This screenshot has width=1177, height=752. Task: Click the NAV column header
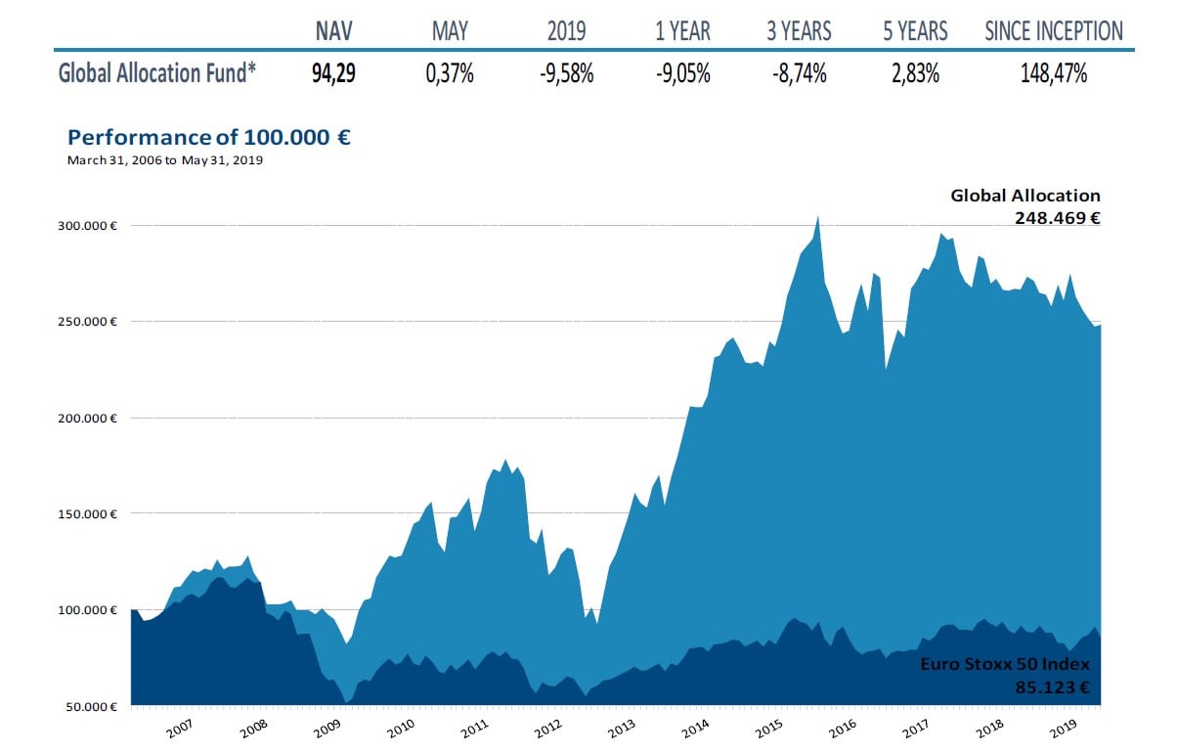pos(334,31)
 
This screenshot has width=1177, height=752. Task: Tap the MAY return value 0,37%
pos(450,73)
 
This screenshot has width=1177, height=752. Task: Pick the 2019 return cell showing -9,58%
pos(567,73)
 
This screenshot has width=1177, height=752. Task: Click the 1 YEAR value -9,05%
pos(682,73)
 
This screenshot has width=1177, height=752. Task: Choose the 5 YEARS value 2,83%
pos(915,73)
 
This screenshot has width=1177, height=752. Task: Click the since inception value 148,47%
pos(1053,73)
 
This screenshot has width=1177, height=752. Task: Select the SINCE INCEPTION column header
pos(1054,31)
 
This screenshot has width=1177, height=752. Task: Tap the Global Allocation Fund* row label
pos(157,73)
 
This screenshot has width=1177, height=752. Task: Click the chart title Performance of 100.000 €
pos(208,137)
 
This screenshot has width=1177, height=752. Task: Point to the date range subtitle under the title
pos(165,160)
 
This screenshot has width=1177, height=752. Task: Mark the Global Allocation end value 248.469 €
pos(1057,218)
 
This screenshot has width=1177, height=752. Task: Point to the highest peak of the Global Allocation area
pos(817,217)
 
